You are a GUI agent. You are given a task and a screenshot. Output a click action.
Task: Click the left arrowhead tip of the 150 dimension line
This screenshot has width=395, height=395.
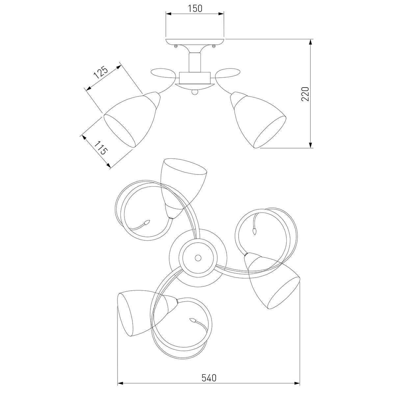click(166, 14)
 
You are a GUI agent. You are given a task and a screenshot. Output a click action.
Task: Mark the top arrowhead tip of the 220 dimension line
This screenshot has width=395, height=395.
click(311, 39)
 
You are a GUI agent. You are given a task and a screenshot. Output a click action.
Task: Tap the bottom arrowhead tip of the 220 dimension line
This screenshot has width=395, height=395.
click(311, 148)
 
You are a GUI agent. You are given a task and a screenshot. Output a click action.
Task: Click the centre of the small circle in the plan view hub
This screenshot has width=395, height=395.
click(198, 257)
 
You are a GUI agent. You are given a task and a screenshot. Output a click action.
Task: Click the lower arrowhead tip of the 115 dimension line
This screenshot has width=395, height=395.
click(110, 168)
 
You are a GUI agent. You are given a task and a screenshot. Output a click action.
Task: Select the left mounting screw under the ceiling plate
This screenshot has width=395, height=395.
click(176, 46)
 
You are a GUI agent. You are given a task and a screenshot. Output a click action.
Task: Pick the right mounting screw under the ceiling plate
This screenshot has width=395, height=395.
click(214, 46)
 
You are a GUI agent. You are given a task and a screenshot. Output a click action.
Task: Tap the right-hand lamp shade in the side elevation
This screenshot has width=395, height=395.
click(258, 120)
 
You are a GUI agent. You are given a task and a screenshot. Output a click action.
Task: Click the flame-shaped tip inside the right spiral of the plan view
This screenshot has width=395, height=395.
click(254, 231)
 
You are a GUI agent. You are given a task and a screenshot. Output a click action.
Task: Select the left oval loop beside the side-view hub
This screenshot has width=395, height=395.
click(163, 73)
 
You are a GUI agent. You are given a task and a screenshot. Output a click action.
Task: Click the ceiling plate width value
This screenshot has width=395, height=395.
click(195, 9)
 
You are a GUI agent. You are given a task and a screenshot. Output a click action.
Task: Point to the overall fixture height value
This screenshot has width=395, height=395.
click(305, 94)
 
